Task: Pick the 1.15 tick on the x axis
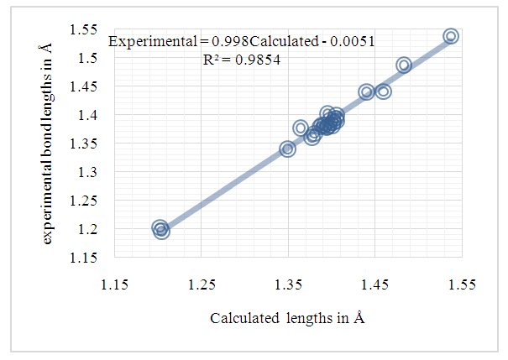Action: (115, 284)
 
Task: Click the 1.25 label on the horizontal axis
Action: (202, 284)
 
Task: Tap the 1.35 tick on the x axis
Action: (289, 284)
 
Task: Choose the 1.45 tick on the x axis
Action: (375, 284)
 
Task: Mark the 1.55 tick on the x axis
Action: (463, 284)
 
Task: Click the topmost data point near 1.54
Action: (451, 36)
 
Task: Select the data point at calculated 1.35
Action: (287, 149)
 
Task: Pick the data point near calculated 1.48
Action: (404, 65)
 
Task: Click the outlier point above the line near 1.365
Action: (301, 128)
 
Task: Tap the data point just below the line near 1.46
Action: (384, 91)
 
